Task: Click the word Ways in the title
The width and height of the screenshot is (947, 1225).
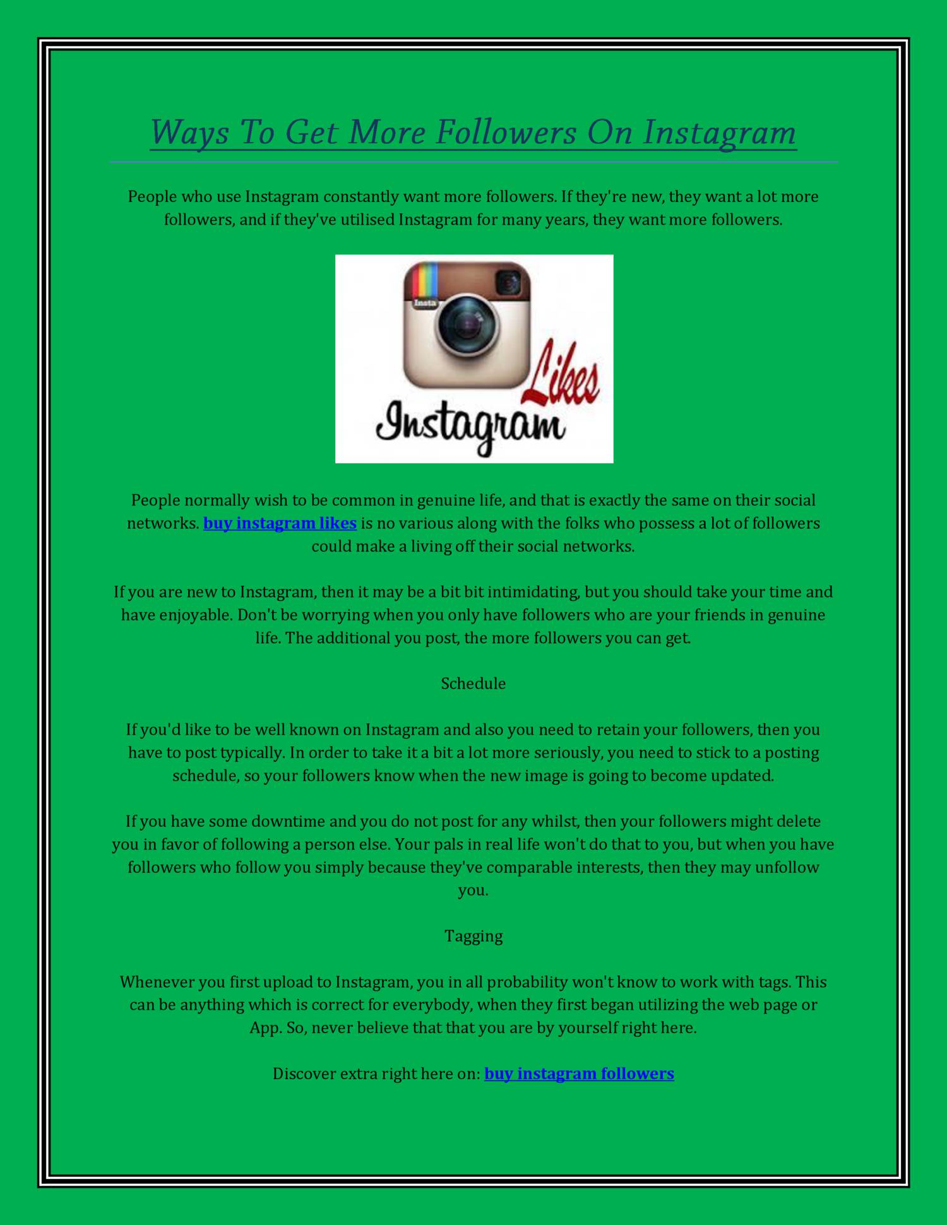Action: point(189,133)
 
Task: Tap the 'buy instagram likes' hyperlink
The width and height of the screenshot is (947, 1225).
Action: point(280,523)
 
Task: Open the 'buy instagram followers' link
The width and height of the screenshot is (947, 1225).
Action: point(579,1074)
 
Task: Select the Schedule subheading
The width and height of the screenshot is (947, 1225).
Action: point(473,684)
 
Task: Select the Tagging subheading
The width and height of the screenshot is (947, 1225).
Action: point(473,936)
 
